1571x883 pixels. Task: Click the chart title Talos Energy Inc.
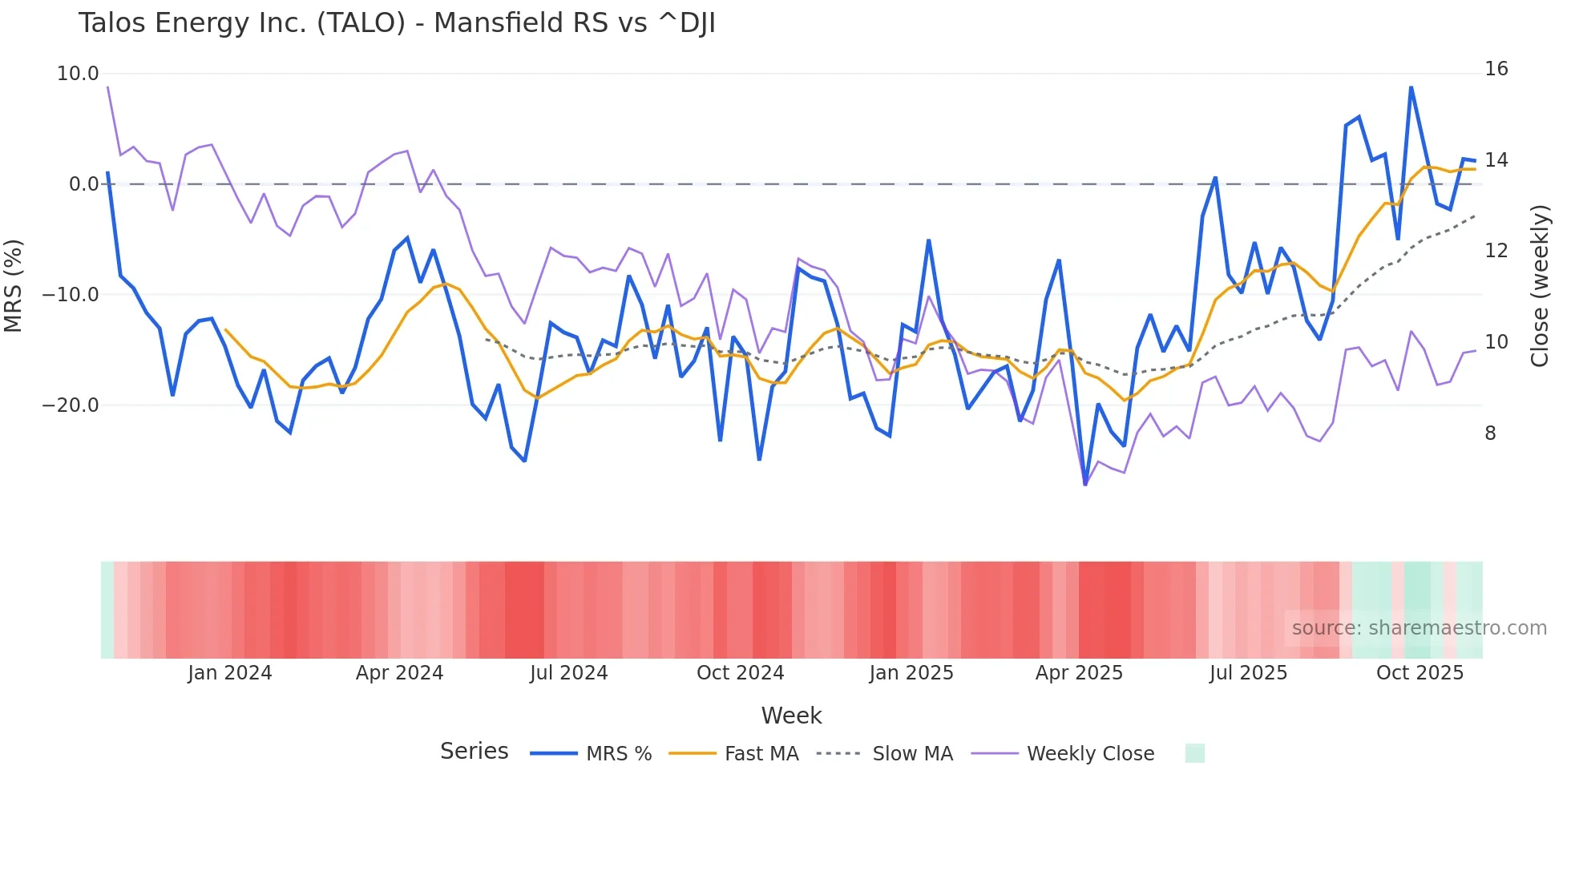click(x=397, y=23)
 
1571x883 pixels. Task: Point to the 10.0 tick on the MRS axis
click(x=78, y=74)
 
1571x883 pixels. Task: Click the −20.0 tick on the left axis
click(x=71, y=405)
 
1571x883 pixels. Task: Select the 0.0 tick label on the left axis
click(x=84, y=184)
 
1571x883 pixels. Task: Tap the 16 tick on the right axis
click(x=1496, y=69)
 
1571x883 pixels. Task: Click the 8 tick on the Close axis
click(x=1490, y=433)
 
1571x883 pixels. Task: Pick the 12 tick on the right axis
click(x=1496, y=251)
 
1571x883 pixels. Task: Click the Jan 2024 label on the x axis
click(x=230, y=673)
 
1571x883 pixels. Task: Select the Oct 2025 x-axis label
click(x=1420, y=673)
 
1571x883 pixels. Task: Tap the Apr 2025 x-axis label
click(x=1079, y=673)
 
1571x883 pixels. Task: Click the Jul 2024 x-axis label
click(x=569, y=673)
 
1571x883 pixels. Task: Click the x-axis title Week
click(x=791, y=716)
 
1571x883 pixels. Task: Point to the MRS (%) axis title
click(x=14, y=285)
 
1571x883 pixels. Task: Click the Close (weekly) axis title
click(x=1540, y=286)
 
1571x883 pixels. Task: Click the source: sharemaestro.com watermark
click(x=1419, y=628)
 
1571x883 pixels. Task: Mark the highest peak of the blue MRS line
click(x=1411, y=87)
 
